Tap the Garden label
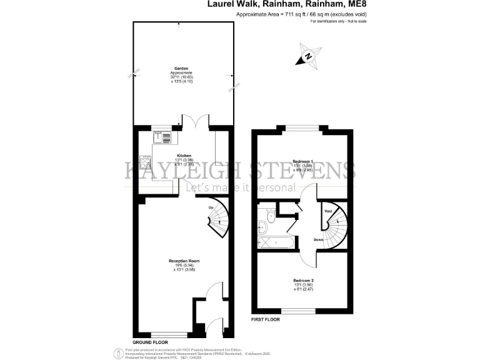[181, 69]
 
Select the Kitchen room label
[184, 155]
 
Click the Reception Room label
[184, 261]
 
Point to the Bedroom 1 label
[302, 161]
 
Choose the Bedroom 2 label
[303, 280]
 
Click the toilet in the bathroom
[269, 217]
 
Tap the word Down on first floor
[318, 240]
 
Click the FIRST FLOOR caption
[266, 319]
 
